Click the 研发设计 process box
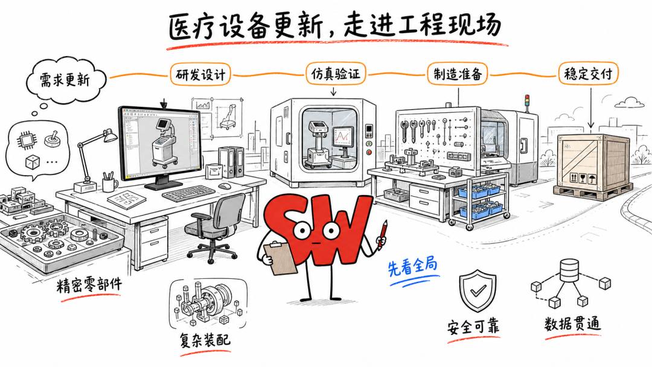pyautogui.click(x=200, y=74)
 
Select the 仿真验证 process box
pyautogui.click(x=336, y=74)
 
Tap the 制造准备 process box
pyautogui.click(x=458, y=74)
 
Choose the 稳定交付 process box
pyautogui.click(x=588, y=74)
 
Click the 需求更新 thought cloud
pyautogui.click(x=65, y=80)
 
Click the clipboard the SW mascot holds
pyautogui.click(x=280, y=257)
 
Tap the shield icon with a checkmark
pyautogui.click(x=478, y=290)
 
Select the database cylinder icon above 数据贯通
pyautogui.click(x=569, y=270)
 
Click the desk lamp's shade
pyautogui.click(x=110, y=136)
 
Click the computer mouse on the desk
pyautogui.click(x=225, y=186)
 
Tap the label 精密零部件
pyautogui.click(x=89, y=286)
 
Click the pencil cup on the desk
pyautogui.click(x=110, y=183)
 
